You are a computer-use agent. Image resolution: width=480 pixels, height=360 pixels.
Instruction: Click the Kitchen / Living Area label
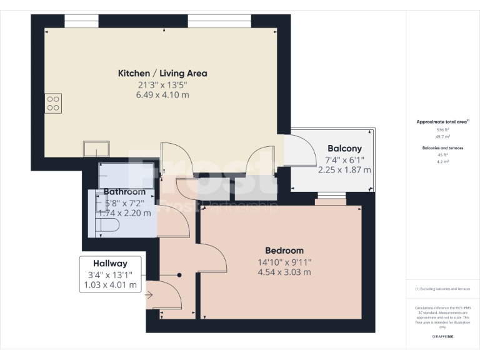click(x=162, y=73)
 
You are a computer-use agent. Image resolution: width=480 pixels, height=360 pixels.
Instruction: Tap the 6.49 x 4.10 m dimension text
click(x=162, y=95)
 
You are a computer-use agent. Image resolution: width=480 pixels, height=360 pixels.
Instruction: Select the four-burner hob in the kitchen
click(x=53, y=103)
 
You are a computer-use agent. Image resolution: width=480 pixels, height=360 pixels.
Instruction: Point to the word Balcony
click(x=344, y=149)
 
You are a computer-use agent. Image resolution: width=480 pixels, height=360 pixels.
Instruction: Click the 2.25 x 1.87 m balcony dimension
click(x=344, y=169)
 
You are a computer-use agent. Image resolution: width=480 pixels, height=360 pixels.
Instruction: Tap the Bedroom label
click(x=284, y=251)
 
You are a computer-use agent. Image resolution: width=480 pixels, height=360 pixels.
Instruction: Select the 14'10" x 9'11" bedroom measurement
click(x=284, y=262)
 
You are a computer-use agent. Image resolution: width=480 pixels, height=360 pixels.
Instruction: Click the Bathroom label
click(x=124, y=192)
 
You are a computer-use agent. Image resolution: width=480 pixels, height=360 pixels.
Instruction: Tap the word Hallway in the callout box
click(x=110, y=264)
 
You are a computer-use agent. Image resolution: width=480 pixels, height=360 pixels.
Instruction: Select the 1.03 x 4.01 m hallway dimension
click(x=110, y=285)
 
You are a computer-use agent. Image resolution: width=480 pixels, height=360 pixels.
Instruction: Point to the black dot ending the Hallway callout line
click(x=179, y=274)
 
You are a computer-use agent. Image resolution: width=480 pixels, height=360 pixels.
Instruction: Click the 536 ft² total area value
click(x=442, y=129)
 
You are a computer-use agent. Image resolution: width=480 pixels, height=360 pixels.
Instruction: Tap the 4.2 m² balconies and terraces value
click(x=442, y=161)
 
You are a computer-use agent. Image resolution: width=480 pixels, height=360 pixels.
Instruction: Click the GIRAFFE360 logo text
click(x=442, y=337)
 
